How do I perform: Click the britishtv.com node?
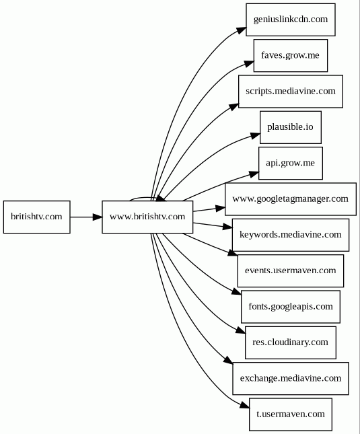click(x=37, y=217)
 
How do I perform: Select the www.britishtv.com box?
click(x=147, y=217)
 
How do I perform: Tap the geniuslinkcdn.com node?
click(x=291, y=20)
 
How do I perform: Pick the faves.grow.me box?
click(x=291, y=56)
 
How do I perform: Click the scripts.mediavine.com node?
click(x=291, y=92)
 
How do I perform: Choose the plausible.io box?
click(x=291, y=127)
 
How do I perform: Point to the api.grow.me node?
click(x=291, y=163)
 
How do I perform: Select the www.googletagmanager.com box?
click(x=291, y=199)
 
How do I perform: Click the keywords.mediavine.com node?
click(x=291, y=235)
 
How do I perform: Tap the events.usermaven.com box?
click(x=291, y=270)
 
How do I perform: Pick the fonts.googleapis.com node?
click(x=291, y=307)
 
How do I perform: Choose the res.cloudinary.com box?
click(x=291, y=342)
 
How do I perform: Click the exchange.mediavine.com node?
click(x=291, y=378)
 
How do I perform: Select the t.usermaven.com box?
click(x=291, y=414)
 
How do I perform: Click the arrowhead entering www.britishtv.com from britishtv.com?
click(x=98, y=217)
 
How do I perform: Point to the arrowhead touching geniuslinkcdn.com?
click(x=242, y=30)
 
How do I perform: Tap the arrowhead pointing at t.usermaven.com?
click(x=245, y=405)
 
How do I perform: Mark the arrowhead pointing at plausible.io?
click(x=255, y=136)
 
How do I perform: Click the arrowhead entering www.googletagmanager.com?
click(x=220, y=208)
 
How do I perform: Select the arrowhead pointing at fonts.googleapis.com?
click(x=237, y=291)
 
